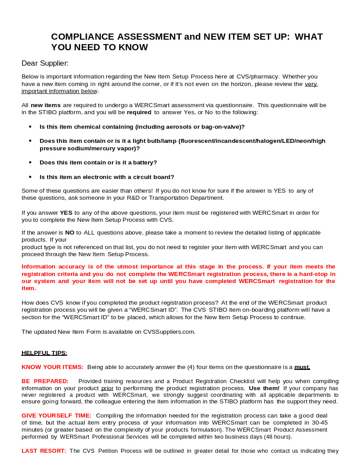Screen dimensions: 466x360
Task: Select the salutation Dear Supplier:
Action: coord(45,63)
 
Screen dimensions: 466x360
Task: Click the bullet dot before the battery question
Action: coord(30,162)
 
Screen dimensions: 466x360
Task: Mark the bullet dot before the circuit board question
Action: coord(30,177)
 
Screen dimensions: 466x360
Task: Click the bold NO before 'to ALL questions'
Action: coord(70,232)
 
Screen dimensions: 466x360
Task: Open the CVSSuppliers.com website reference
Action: coord(170,332)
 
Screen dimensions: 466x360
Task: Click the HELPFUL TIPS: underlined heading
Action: coord(44,353)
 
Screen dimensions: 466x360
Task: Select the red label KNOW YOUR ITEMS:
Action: coord(52,367)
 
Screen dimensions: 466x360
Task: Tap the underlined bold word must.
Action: coord(302,367)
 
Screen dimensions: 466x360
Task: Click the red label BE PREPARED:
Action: coord(45,381)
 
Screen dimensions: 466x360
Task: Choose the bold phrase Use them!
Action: coord(264,388)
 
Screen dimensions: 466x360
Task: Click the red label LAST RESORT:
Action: coord(44,451)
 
